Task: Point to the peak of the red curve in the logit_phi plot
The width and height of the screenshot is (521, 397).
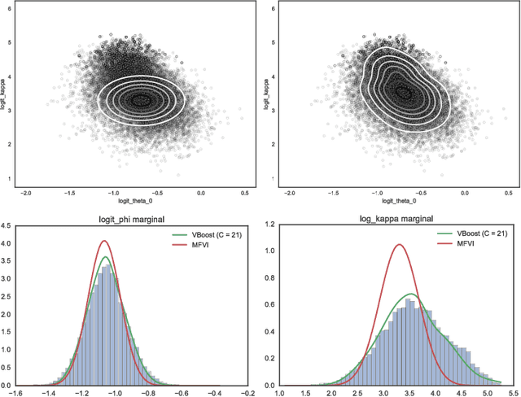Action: [104, 241]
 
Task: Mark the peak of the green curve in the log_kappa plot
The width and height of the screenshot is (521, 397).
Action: [411, 294]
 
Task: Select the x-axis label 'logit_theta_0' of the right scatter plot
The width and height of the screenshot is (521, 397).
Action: [376, 200]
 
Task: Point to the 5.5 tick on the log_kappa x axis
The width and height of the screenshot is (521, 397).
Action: [512, 392]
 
